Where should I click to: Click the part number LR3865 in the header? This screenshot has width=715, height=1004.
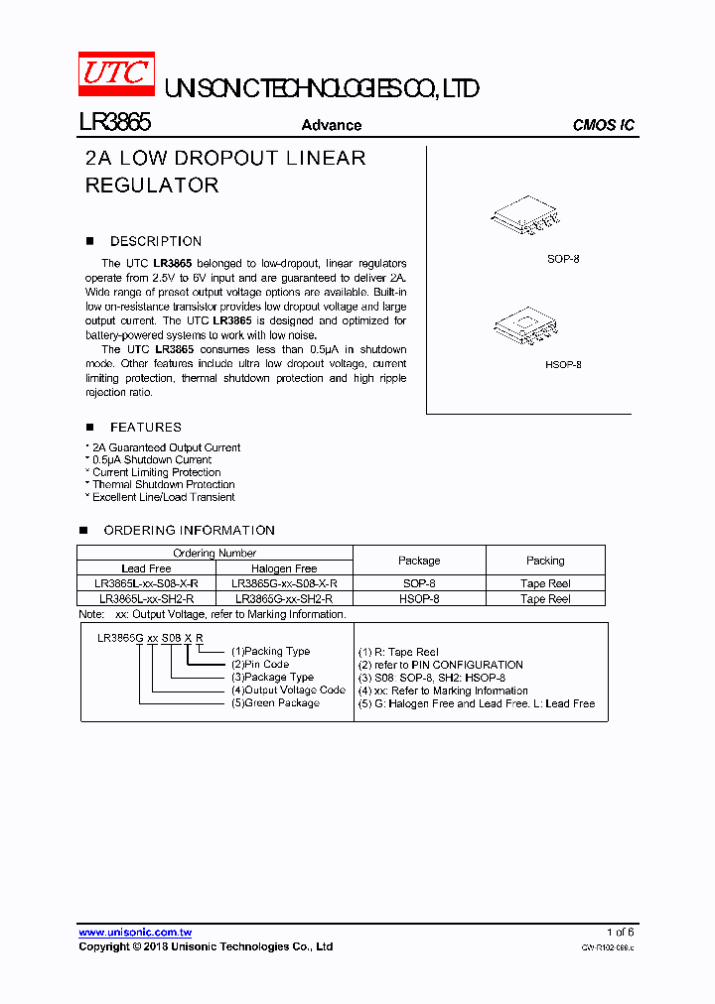click(x=114, y=123)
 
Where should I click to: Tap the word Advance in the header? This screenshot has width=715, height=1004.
click(x=331, y=125)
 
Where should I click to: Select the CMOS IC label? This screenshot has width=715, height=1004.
click(x=603, y=125)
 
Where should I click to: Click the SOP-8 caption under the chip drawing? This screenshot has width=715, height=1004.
click(x=563, y=259)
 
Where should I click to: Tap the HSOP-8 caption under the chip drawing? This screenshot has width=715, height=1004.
click(x=563, y=364)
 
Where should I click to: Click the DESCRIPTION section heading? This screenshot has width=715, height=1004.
click(x=155, y=241)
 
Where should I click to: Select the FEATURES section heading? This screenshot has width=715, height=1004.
click(x=145, y=428)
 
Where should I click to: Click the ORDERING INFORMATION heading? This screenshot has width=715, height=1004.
click(x=189, y=531)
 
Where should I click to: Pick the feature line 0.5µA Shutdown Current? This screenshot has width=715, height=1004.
click(x=151, y=460)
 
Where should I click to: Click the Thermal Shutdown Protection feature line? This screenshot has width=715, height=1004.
click(x=163, y=485)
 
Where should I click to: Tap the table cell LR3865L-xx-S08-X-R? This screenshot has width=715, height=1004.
click(x=146, y=584)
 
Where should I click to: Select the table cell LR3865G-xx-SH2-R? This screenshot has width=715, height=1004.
click(x=284, y=599)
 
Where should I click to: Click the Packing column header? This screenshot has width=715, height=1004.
click(x=545, y=561)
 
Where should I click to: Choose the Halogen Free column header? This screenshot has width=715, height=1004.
click(x=284, y=568)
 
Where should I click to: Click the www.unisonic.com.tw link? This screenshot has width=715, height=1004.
click(x=135, y=933)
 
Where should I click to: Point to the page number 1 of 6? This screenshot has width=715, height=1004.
click(x=620, y=933)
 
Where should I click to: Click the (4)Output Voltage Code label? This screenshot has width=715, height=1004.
click(x=288, y=690)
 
